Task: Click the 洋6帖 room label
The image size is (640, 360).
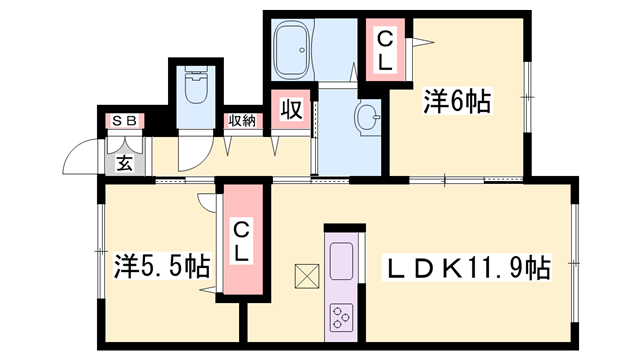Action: tap(456, 103)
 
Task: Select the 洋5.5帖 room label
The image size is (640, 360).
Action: tap(161, 267)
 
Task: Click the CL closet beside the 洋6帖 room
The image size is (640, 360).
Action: tap(385, 47)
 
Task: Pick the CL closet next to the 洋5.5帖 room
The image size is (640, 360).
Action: tap(241, 241)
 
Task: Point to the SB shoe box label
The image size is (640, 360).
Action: tap(126, 122)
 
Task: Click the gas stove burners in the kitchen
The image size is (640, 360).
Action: tap(341, 315)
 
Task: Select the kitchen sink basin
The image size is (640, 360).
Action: tap(339, 258)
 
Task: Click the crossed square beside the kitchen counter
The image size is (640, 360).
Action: tap(305, 274)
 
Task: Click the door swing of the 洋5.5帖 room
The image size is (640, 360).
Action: tap(210, 199)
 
